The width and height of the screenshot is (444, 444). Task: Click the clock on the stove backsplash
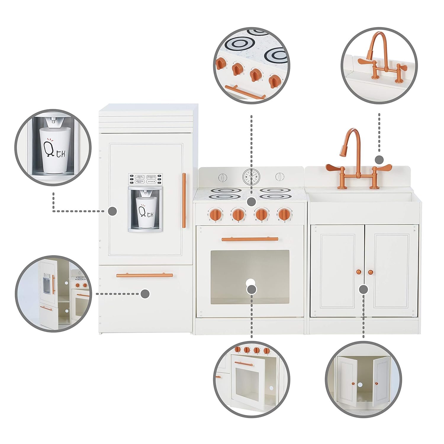(x=250, y=177)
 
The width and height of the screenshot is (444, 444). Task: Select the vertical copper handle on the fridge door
(x=184, y=200)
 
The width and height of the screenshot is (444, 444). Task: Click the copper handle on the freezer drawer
(x=144, y=275)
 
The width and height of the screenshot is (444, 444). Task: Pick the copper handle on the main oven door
(x=250, y=239)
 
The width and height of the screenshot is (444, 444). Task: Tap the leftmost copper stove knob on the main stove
(x=217, y=214)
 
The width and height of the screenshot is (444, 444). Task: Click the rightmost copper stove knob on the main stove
(x=284, y=214)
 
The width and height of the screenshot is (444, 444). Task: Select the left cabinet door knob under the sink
(x=358, y=272)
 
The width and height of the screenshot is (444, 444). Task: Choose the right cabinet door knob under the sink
(x=370, y=272)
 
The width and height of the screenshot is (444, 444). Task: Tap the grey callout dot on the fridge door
(x=112, y=211)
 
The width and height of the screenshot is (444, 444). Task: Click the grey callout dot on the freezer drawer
(x=145, y=294)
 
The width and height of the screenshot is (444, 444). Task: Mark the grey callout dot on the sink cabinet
(x=363, y=289)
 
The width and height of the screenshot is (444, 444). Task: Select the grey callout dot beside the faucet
(x=379, y=160)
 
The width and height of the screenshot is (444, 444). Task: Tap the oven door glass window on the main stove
(x=250, y=277)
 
